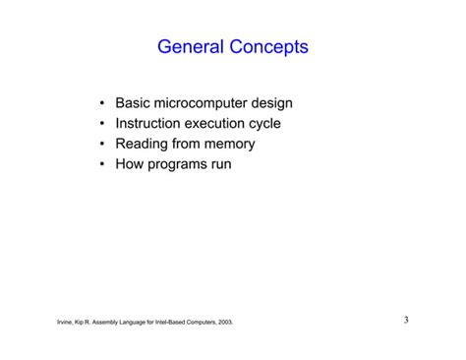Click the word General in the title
193,47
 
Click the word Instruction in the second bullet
151,124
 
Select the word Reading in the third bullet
143,145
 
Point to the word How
130,165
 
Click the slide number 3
406,320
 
